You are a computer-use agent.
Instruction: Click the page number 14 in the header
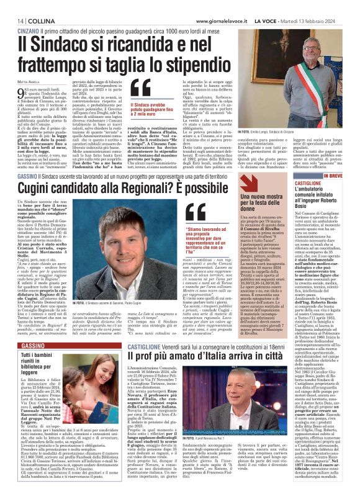[x=12, y=6]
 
